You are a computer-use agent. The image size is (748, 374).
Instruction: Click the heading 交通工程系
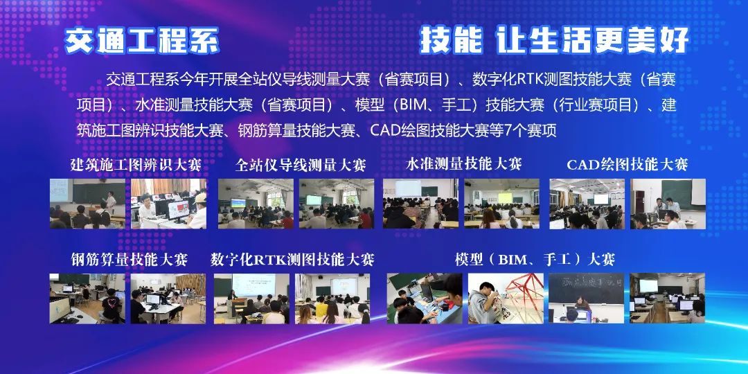[142, 40]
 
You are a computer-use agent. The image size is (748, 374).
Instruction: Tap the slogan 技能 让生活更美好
[554, 40]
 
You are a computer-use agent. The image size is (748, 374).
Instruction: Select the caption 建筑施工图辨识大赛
[136, 165]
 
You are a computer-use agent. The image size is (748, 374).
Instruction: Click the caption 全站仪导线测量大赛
[301, 165]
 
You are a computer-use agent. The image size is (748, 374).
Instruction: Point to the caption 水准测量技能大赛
[463, 164]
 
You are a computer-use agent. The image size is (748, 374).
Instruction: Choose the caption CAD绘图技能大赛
[627, 165]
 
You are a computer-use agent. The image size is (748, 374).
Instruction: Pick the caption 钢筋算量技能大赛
[130, 260]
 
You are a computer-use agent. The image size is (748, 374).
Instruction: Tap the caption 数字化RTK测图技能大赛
[292, 260]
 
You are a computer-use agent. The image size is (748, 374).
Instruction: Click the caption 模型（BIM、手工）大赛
[535, 260]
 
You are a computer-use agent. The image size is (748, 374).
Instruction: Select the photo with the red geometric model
[506, 298]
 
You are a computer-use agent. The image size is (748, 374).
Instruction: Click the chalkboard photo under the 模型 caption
[587, 298]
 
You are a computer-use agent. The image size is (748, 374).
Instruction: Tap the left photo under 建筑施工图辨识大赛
[88, 204]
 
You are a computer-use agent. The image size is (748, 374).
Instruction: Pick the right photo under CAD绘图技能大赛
[668, 204]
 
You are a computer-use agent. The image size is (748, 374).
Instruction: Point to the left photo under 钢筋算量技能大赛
[87, 299]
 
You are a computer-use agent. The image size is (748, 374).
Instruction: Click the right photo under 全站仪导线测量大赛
[337, 204]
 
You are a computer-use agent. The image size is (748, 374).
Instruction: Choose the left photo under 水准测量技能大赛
[420, 204]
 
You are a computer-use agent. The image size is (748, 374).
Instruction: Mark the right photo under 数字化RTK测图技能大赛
[332, 299]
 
